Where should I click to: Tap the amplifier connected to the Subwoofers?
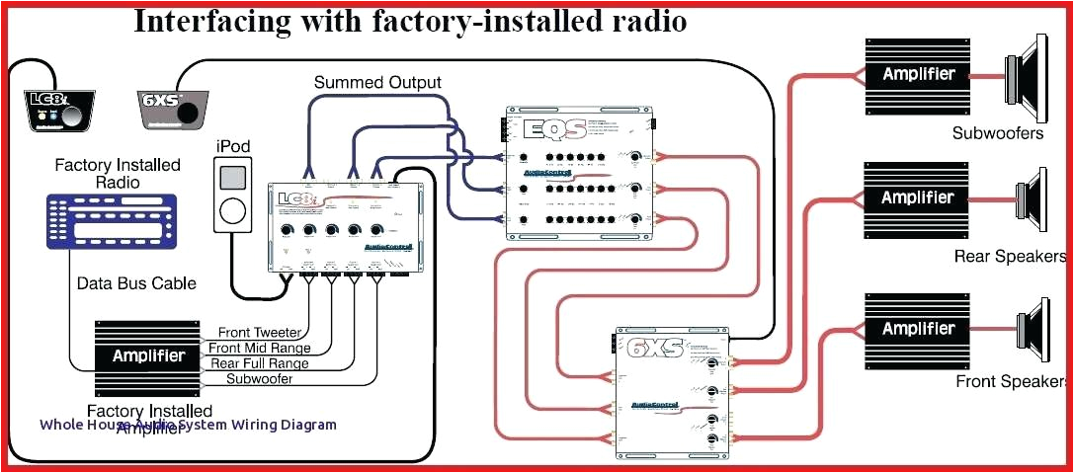point(918,74)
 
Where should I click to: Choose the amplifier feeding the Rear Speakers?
point(918,197)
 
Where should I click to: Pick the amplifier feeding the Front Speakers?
point(918,329)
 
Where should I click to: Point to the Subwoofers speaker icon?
point(1032,75)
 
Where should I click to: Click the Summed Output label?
point(377,82)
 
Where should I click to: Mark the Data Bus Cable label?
point(136,283)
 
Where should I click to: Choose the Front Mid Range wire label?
point(260,348)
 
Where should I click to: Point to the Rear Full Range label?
point(259,363)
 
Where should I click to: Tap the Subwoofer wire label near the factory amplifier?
point(260,378)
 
